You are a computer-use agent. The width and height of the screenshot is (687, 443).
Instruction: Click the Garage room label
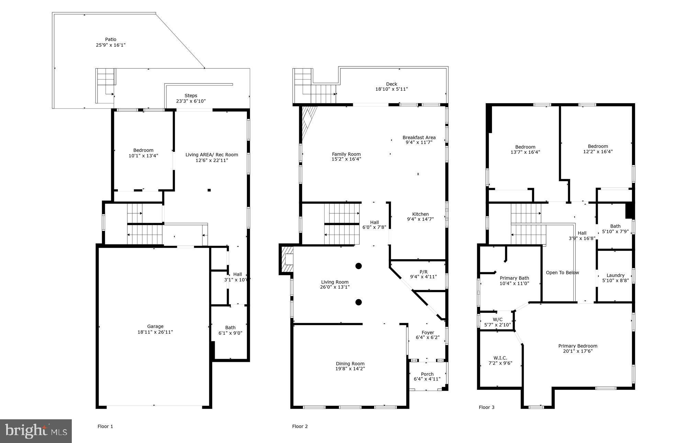point(155,326)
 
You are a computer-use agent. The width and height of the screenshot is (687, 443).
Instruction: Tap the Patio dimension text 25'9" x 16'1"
point(111,45)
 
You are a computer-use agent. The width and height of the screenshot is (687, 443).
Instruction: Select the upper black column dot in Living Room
point(359,266)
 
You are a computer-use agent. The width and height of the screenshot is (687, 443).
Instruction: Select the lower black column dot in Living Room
point(359,302)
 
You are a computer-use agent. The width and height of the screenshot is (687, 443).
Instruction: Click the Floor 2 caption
point(300,427)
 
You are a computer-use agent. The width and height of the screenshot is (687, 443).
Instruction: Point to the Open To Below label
point(562,273)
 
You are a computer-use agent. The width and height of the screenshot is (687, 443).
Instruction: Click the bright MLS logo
point(36,431)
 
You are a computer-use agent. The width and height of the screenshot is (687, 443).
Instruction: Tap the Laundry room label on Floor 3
point(615,275)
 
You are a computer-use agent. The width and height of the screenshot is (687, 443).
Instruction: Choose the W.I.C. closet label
point(500,358)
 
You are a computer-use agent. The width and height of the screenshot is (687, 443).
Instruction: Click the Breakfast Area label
point(419,137)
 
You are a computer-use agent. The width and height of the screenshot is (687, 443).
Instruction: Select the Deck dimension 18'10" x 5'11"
point(392,89)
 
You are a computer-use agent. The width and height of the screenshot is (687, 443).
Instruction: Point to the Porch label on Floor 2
point(427,374)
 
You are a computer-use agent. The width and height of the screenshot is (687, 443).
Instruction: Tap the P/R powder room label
point(423,272)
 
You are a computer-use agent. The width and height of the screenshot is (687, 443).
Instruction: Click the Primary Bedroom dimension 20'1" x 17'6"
point(578,351)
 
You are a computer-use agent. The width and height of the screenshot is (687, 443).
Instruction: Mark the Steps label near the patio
point(191,96)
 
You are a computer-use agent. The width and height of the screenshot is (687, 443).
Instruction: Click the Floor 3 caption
point(486,407)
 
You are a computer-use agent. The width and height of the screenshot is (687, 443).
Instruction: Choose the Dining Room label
point(350,364)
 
